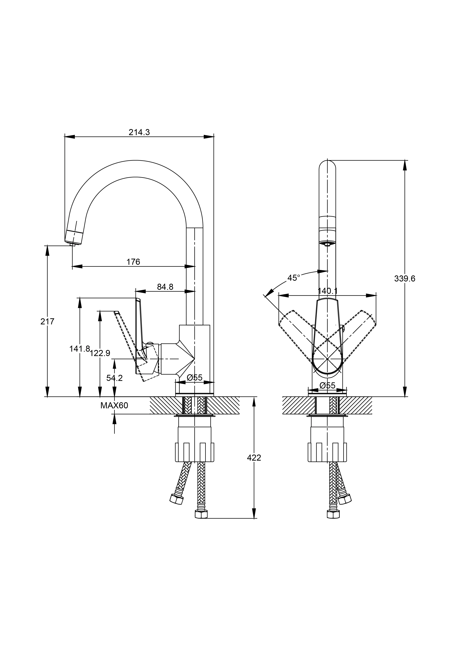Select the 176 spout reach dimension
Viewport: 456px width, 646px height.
point(133,262)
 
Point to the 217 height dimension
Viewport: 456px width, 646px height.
point(47,321)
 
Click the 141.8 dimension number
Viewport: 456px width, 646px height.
point(79,349)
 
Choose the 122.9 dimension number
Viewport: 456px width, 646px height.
point(100,353)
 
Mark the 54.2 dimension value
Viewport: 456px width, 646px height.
point(114,378)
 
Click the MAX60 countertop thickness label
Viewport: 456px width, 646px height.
point(114,405)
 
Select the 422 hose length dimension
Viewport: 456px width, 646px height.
point(254,458)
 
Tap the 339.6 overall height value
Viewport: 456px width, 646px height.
point(405,279)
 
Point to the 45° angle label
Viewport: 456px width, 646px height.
point(294,278)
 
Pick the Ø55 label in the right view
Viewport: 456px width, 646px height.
point(328,386)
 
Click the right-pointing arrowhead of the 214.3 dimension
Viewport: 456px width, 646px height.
point(209,137)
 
